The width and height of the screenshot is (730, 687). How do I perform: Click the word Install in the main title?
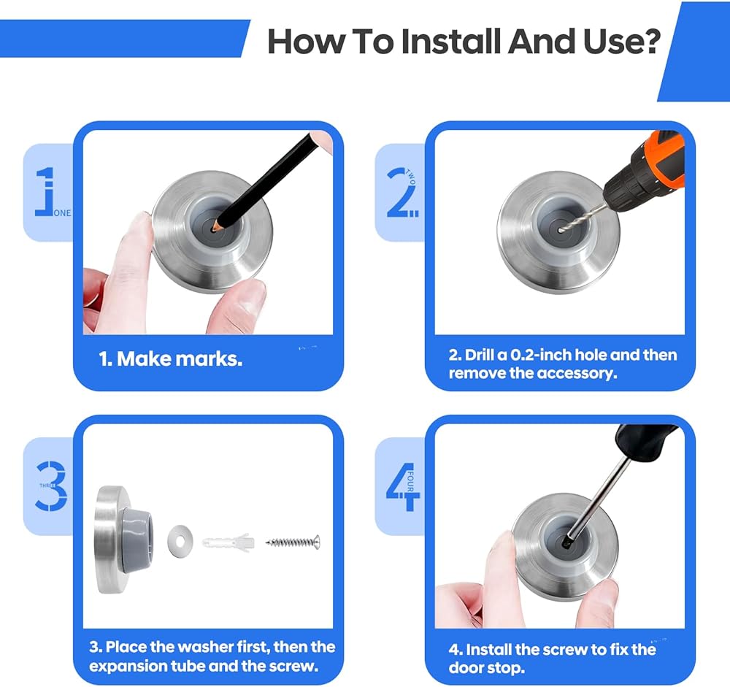451,42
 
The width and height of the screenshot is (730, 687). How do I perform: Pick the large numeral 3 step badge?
51,485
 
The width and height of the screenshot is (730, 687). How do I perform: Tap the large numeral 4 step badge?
403,487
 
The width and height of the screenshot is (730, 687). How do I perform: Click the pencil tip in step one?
215,229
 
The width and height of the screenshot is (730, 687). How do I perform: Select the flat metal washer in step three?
180,540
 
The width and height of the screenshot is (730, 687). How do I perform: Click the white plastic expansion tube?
228,542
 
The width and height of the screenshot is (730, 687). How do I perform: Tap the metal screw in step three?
293,542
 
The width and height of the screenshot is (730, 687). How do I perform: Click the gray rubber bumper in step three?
137,540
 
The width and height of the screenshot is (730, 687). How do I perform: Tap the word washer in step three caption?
207,647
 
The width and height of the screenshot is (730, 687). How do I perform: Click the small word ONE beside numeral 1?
62,213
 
